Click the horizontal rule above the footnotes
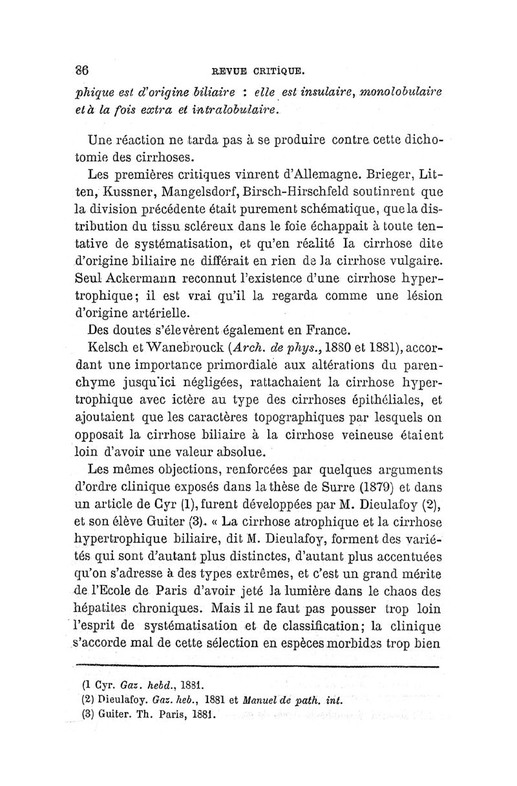[x=258, y=664]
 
